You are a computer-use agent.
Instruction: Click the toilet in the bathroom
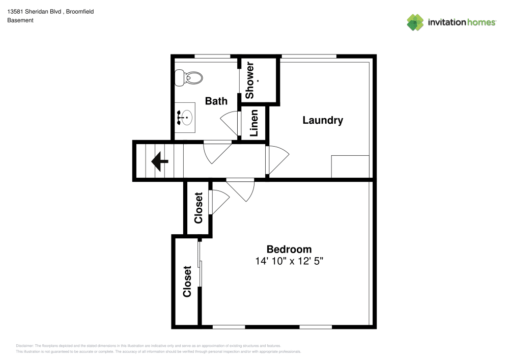(188, 78)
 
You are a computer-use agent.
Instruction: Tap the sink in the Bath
(185, 118)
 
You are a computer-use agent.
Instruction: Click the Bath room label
(216, 101)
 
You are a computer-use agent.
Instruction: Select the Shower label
(250, 81)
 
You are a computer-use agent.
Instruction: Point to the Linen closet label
(254, 123)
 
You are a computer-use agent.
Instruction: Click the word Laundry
(323, 120)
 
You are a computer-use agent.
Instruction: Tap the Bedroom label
(289, 249)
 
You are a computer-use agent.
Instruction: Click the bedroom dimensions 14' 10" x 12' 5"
(289, 261)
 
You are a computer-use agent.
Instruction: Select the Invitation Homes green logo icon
(415, 22)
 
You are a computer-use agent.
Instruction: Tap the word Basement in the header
(20, 20)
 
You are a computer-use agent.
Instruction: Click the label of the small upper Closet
(199, 207)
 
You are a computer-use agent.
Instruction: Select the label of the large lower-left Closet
(187, 281)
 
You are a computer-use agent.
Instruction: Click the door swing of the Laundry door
(277, 160)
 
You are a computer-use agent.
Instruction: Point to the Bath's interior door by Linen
(230, 122)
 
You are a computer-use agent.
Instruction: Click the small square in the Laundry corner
(350, 167)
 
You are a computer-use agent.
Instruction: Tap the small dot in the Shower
(259, 81)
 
